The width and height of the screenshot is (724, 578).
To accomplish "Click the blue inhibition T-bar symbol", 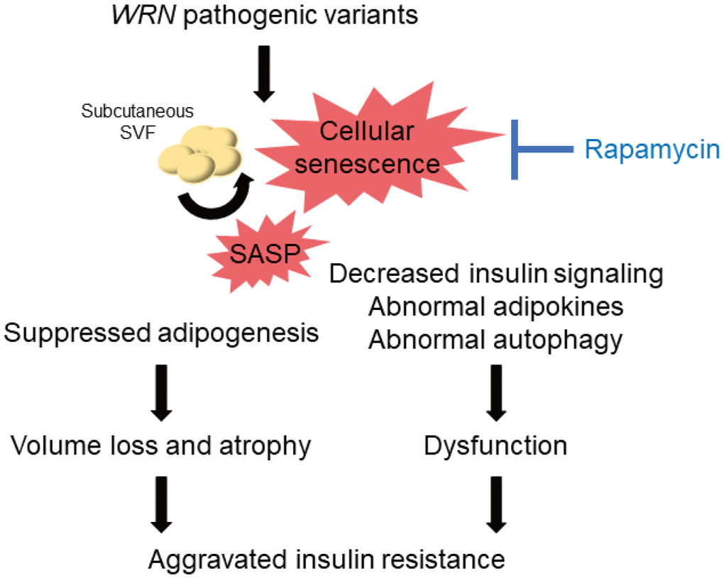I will coord(532,150).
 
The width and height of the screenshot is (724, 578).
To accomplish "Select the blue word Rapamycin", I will coord(651,150).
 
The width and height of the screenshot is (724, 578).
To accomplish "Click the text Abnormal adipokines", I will coord(495,307).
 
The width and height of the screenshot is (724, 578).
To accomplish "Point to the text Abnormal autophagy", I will coord(495,340).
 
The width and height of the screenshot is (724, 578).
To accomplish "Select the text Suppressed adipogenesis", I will coord(161,332).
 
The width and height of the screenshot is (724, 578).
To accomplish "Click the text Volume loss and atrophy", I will coord(161,446).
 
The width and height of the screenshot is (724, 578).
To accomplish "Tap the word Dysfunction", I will coord(495,446).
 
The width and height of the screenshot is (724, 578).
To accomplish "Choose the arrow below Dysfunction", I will coord(495,504).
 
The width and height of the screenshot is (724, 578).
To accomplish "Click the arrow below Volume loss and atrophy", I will coord(161,504).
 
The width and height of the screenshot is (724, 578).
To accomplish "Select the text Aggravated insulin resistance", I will coord(327,560).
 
